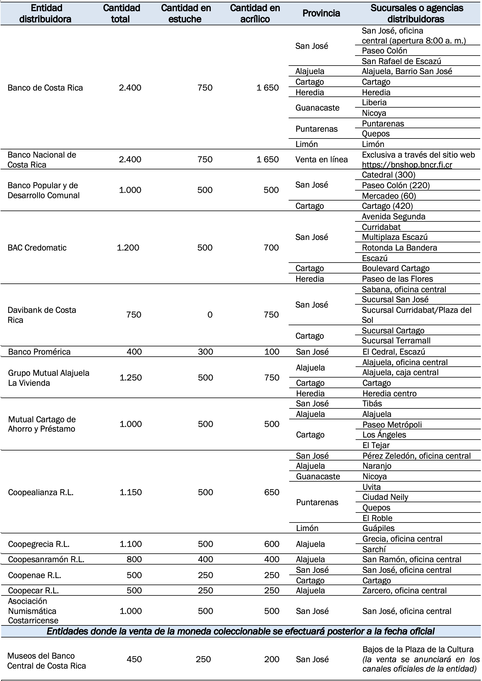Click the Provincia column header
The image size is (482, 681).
point(321,13)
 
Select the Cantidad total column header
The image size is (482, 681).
point(121,13)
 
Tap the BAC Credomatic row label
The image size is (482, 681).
point(37,248)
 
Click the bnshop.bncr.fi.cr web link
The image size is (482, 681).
point(407,165)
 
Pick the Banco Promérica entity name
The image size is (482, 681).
point(39,352)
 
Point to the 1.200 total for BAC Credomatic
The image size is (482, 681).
point(128,248)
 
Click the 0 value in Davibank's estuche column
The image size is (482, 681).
point(210,315)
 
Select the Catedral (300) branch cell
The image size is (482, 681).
point(389,175)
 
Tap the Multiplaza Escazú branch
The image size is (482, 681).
point(395,237)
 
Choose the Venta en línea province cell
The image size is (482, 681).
point(322,159)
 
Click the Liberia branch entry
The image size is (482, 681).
point(374,103)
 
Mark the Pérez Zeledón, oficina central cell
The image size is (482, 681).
point(416,456)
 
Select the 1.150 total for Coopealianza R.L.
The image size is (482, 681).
point(130,492)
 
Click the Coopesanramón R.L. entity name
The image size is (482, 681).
point(46,560)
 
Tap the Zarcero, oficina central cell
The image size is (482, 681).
point(404,590)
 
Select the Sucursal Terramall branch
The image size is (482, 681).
point(396,340)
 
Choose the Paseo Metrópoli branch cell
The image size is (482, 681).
point(392,425)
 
